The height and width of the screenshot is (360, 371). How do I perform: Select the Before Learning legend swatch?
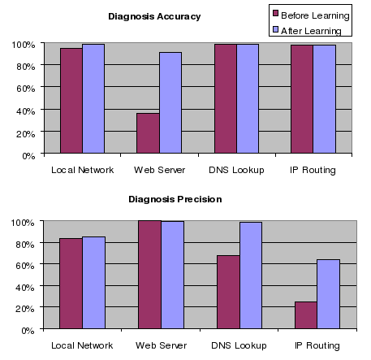click(276, 15)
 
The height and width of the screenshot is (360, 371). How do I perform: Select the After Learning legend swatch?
click(276, 30)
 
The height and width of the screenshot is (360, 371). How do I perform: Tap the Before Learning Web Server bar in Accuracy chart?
click(147, 133)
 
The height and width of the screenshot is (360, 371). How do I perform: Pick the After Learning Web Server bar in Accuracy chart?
click(170, 103)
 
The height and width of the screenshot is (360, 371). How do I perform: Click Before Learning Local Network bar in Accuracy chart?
click(71, 101)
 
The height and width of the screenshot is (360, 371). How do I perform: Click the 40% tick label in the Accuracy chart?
click(23, 111)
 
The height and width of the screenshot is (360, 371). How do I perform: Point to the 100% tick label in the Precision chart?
click(20, 222)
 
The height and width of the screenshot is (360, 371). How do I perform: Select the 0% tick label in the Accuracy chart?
click(26, 154)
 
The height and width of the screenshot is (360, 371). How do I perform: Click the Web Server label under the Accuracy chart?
click(159, 170)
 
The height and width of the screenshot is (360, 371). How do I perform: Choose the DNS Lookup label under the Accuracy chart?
click(237, 170)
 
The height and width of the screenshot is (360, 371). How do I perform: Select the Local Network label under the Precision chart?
click(81, 345)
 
